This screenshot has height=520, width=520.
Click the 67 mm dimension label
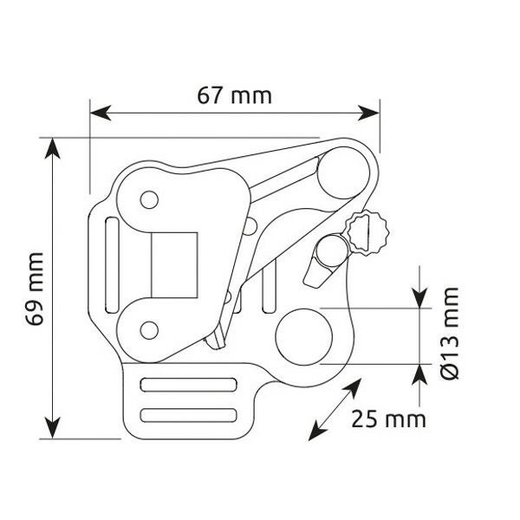tap(235, 96)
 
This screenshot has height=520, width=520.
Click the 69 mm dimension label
tap(35, 289)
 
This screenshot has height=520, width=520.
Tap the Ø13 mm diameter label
tap(450, 334)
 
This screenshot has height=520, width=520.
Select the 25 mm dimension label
tap(388, 419)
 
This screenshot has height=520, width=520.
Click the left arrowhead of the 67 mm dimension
tap(101, 113)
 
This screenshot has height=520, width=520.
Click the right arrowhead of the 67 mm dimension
tap(369, 113)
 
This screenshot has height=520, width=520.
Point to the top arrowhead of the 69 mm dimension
tap(53, 148)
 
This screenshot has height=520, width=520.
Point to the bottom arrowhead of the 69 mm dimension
tap(53, 428)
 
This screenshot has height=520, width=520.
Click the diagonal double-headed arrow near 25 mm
tap(335, 410)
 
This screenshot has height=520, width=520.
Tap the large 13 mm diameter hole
tap(304, 337)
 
